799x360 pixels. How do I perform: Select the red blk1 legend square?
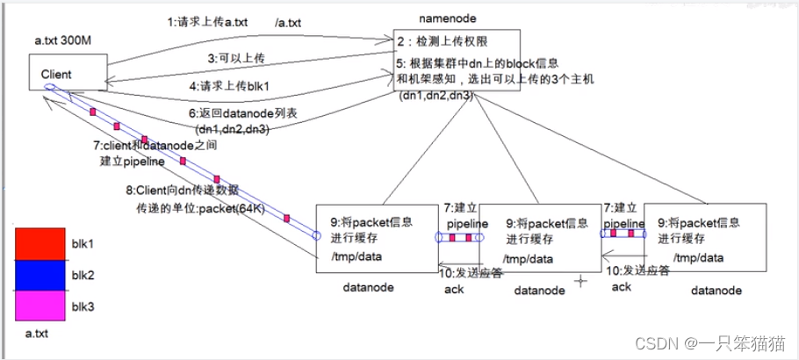click(x=40, y=243)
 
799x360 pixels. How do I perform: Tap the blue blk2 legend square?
click(x=40, y=275)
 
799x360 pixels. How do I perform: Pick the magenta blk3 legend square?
click(x=40, y=306)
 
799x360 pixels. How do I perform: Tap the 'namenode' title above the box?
click(x=445, y=17)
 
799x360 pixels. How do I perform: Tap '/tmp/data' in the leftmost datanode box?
click(x=356, y=257)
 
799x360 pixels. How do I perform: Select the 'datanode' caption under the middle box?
click(x=539, y=290)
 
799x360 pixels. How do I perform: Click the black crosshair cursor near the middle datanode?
click(x=579, y=281)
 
